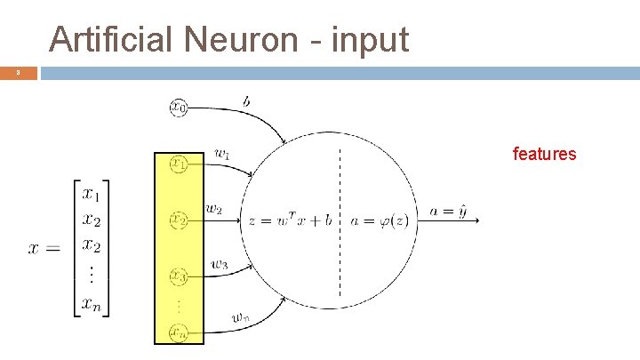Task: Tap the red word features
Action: coord(544,155)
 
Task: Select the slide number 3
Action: coord(17,73)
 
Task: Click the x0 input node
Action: coord(179,108)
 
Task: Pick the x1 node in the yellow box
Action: coord(179,164)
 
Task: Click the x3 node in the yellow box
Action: coord(179,276)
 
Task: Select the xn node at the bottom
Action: coord(179,333)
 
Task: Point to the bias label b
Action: coord(246,102)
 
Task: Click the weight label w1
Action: coord(222,153)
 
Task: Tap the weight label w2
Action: coord(214,210)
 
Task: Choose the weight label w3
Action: coord(220,263)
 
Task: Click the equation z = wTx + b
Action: coord(290,220)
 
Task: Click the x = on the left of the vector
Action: coord(44,248)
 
